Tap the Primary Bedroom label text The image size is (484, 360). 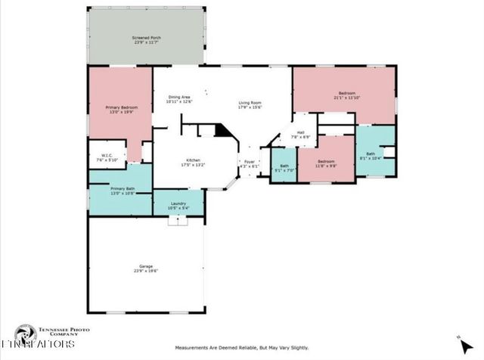[x=121, y=110]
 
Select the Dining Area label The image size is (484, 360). [x=179, y=99]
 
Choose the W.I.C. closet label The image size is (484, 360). [x=107, y=158]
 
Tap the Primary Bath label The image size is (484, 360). [x=122, y=191]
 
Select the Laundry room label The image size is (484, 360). [x=179, y=206]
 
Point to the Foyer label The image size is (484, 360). [x=250, y=163]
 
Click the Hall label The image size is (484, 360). [x=300, y=135]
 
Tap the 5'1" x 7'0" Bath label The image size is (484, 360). [x=284, y=169]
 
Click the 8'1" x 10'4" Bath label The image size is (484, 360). [x=375, y=155]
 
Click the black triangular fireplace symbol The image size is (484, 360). [x=222, y=131]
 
